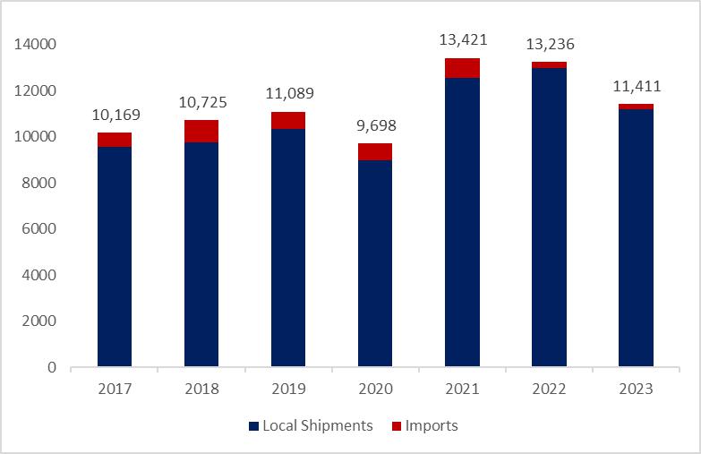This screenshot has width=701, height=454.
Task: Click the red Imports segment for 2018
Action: tap(201, 131)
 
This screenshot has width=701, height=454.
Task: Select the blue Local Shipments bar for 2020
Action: tap(375, 263)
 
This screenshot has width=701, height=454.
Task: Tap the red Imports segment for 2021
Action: tap(462, 68)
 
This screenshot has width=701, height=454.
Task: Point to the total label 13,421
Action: tap(462, 39)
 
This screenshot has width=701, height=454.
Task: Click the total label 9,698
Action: tap(375, 124)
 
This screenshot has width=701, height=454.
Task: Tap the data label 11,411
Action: tap(636, 86)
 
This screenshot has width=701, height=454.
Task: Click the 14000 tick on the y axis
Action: tap(38, 44)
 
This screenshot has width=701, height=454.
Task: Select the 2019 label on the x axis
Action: tap(288, 390)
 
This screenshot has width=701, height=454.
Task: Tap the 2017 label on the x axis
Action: tap(115, 390)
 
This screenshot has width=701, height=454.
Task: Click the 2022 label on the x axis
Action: tap(549, 390)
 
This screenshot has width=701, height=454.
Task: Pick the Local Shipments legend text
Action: tap(317, 426)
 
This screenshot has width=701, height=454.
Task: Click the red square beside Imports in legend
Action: tap(398, 427)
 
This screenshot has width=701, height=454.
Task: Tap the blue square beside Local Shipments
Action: tap(252, 427)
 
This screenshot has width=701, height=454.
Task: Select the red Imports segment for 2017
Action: tap(115, 140)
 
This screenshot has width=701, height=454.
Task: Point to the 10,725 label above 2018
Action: tap(201, 101)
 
